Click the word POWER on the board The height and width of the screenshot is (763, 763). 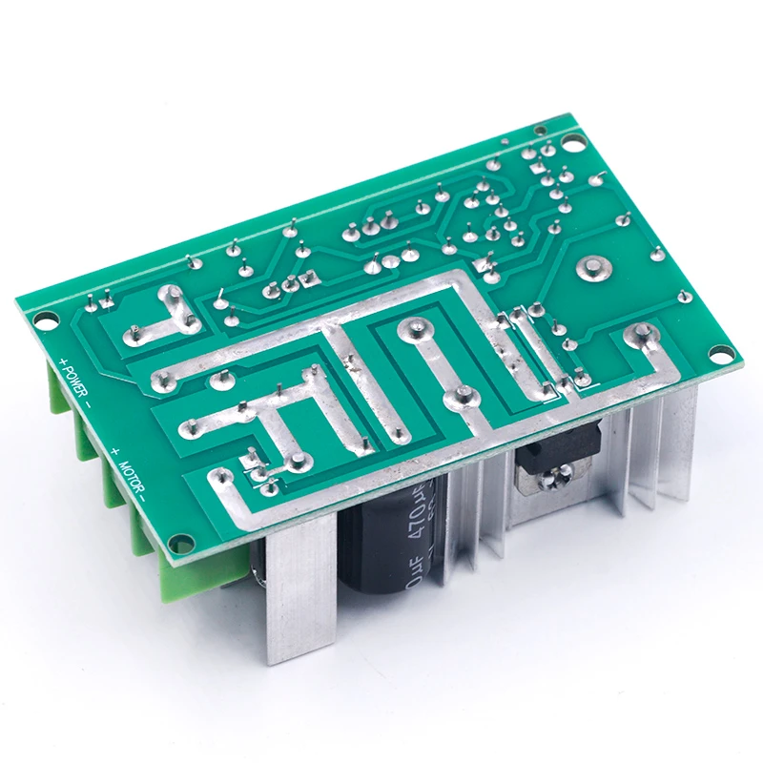75,381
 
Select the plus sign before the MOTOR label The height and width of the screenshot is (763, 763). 115,449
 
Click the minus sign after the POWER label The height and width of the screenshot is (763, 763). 87,402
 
